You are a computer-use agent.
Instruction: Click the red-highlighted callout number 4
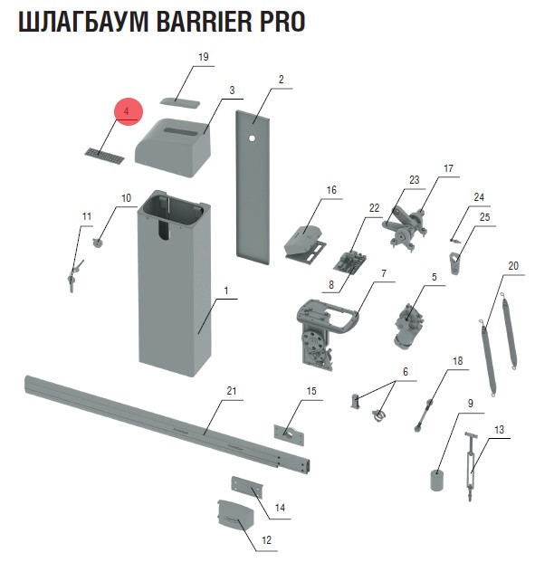pos(126,111)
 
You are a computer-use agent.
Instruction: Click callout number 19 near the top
pos(204,57)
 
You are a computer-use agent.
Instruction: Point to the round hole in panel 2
pos(252,138)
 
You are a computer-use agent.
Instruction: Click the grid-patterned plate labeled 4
pos(105,156)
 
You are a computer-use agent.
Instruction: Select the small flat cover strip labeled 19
pos(179,101)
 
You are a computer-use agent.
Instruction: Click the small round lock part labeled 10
pos(98,243)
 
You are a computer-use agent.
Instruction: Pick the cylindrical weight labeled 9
pos(437,481)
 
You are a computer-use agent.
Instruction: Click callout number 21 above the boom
pos(232,390)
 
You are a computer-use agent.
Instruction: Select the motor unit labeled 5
pos(407,325)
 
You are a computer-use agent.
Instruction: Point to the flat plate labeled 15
pos(289,434)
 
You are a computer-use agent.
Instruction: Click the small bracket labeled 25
pos(454,262)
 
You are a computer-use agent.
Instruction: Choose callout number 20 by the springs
pos(513,266)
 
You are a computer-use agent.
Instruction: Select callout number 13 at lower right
pos(499,429)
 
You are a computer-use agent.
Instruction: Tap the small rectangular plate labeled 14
pos(247,486)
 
